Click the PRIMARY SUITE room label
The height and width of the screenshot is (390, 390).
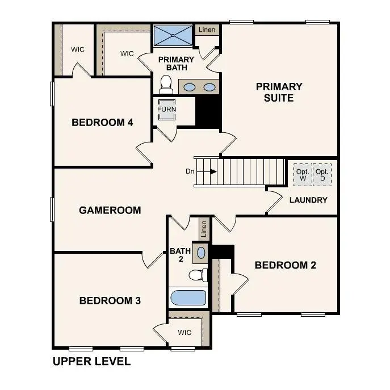coord(279,92)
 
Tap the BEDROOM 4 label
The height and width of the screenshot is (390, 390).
coord(102,122)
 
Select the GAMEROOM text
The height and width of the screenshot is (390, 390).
coord(110,210)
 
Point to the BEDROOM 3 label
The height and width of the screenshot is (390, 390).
coord(110,300)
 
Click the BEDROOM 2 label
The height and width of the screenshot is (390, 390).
coord(285,265)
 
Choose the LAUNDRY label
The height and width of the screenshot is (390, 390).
coord(308,200)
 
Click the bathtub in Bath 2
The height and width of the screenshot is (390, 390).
coord(188,298)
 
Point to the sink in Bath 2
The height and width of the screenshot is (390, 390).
coord(202,251)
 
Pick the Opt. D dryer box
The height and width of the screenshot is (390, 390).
coord(322,175)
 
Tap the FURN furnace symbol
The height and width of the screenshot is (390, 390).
coord(167,110)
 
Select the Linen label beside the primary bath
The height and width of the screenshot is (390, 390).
coord(207,30)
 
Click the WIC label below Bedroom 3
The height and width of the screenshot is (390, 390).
coord(184,332)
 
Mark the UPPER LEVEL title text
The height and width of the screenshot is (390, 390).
coord(91,361)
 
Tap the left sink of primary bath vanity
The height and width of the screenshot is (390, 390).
coord(190,87)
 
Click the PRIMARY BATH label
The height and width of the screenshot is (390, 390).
coord(176,64)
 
